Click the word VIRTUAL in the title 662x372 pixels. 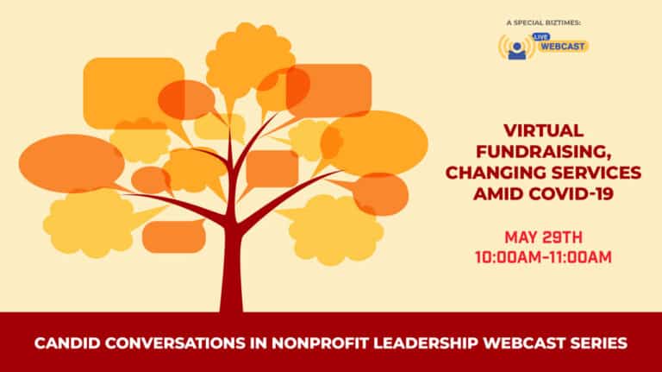[x=543, y=130]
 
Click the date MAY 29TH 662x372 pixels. [x=543, y=237]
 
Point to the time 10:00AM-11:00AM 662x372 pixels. [x=543, y=257]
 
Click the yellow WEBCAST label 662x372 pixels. [x=563, y=47]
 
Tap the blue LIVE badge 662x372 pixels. [x=540, y=37]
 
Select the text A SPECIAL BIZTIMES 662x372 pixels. [x=543, y=22]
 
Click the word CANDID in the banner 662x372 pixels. [x=66, y=343]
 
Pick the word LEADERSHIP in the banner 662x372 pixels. [x=426, y=343]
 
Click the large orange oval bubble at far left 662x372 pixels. [x=72, y=163]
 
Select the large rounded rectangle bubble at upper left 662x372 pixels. [x=134, y=92]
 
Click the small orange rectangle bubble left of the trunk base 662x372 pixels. [x=174, y=236]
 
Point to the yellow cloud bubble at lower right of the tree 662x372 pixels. [x=335, y=230]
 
